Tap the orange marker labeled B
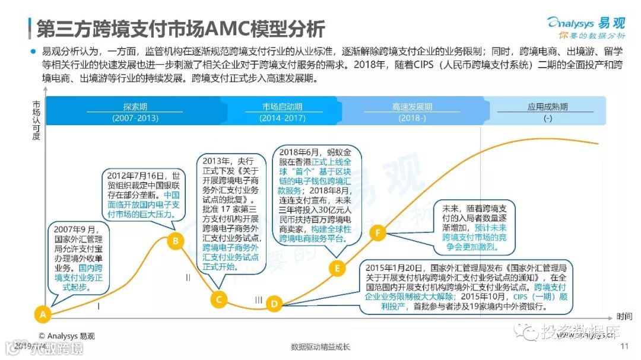(175, 240)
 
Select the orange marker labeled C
(219, 299)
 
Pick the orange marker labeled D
(274, 304)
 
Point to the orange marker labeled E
(337, 268)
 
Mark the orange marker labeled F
(377, 232)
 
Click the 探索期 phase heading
(135, 107)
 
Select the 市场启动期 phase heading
(282, 107)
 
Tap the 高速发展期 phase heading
(412, 107)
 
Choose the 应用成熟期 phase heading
(547, 107)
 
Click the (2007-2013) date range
(135, 117)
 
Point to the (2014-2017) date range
(282, 117)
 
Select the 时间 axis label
(624, 316)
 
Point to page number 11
(624, 347)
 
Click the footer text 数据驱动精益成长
(320, 347)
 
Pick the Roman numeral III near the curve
(258, 300)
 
